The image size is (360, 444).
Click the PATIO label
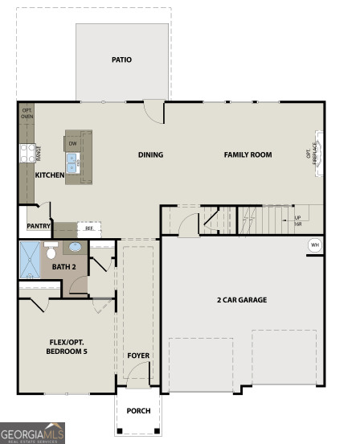click(122, 60)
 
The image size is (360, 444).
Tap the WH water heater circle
click(314, 245)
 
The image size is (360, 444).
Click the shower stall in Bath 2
click(31, 259)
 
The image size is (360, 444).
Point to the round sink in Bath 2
click(74, 248)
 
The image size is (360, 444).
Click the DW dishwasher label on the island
click(72, 144)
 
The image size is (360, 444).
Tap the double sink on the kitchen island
click(72, 166)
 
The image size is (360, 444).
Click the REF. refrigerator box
click(89, 228)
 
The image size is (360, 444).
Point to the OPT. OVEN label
click(27, 113)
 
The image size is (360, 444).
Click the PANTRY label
click(39, 227)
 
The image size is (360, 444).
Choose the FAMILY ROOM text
click(247, 154)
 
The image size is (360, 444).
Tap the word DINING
click(150, 155)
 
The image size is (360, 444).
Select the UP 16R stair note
click(298, 220)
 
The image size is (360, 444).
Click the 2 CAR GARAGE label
click(241, 300)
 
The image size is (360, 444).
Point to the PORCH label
click(139, 410)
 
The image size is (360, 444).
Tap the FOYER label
click(138, 355)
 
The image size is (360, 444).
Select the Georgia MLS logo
click(32, 434)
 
